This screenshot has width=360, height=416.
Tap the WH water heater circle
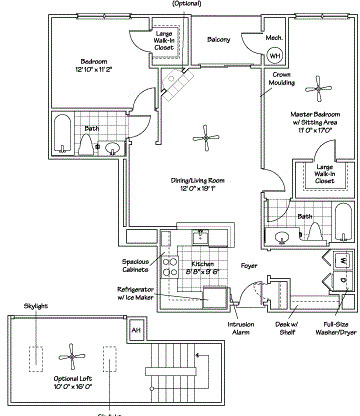point(275,57)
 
